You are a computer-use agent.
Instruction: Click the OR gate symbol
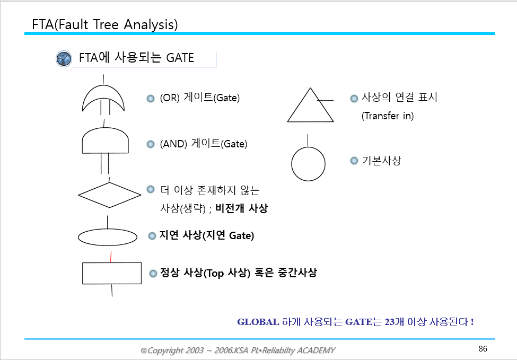(x=103, y=99)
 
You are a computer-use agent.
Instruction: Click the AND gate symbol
(x=105, y=141)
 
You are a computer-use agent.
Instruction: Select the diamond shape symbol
(x=109, y=195)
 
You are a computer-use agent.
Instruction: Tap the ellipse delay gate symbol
(x=108, y=238)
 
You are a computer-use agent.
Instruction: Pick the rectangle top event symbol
(x=112, y=273)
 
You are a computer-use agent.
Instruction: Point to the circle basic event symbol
(x=308, y=164)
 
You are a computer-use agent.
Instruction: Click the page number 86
(x=482, y=349)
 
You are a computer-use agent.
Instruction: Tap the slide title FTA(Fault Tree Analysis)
(x=105, y=24)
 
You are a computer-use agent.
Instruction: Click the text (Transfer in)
(x=387, y=116)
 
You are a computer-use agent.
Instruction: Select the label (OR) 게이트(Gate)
(x=200, y=98)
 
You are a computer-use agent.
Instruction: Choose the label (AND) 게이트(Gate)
(x=204, y=144)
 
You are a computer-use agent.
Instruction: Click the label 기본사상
(x=381, y=161)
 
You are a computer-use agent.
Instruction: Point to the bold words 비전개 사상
(x=241, y=208)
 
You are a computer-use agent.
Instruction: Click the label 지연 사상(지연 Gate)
(x=207, y=235)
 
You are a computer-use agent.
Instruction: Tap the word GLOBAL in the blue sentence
(x=258, y=322)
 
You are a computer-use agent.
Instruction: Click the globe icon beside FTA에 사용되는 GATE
(x=64, y=58)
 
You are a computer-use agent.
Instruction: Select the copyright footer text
(x=238, y=350)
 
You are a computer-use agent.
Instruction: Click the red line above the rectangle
(x=110, y=257)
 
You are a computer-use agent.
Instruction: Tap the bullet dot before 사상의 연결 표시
(x=354, y=98)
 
